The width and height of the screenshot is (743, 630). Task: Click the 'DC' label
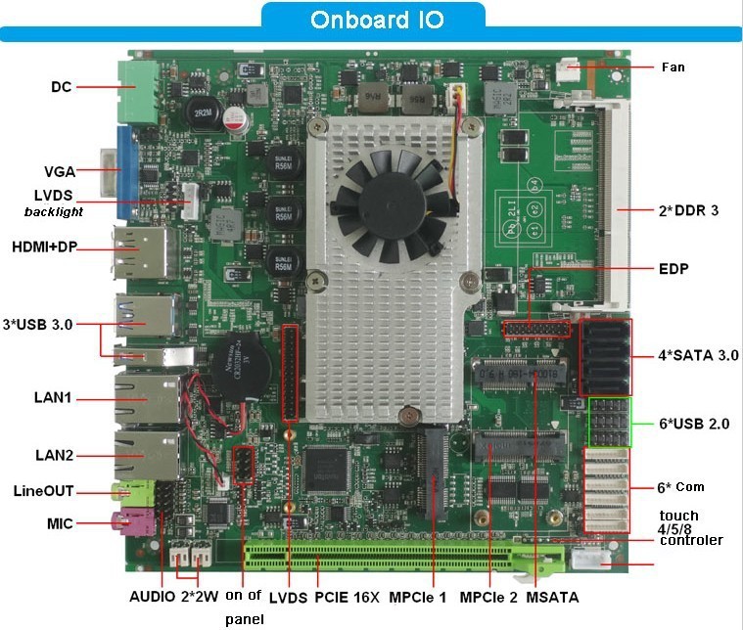61,87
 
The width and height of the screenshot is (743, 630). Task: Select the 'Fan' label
673,67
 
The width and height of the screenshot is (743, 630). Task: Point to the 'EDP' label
675,268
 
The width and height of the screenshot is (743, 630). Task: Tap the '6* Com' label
680,486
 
